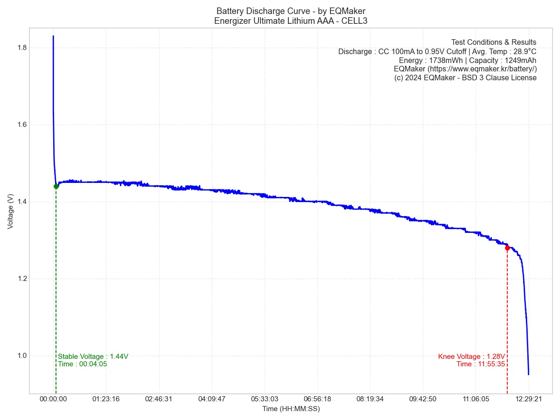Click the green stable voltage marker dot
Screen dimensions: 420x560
coord(56,186)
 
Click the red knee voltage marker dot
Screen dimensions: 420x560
coord(507,248)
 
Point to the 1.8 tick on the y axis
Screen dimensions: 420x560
coord(21,48)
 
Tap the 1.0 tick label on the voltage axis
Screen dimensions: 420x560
coord(21,356)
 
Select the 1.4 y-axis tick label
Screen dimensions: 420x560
coord(21,202)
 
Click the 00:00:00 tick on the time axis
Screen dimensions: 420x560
coord(53,399)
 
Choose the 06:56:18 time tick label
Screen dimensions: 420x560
coord(317,399)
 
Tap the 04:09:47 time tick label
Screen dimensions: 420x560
coord(212,399)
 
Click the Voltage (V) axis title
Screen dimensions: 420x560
coord(10,211)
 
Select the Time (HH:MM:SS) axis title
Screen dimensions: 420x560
coord(291,409)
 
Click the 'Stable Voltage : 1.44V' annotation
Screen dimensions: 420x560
coord(93,357)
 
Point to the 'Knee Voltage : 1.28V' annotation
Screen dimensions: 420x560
coord(471,357)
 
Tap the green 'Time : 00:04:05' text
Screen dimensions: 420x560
coord(83,364)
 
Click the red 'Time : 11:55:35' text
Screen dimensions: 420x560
coord(481,364)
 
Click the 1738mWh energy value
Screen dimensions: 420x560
coord(445,60)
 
